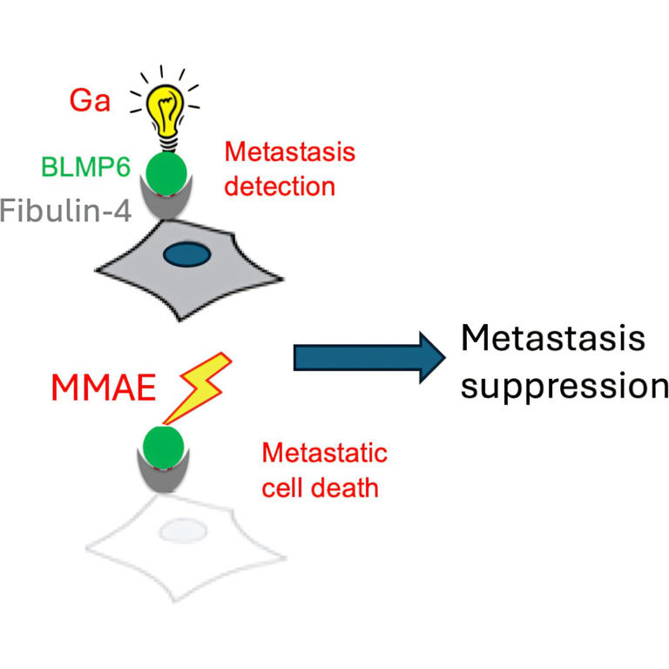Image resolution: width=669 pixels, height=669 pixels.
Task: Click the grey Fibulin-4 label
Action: point(64,210)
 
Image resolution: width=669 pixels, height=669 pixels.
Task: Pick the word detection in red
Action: point(279,186)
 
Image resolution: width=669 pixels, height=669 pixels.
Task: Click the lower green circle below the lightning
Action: point(163,446)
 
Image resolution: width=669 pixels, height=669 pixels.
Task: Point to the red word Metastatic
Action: point(324,454)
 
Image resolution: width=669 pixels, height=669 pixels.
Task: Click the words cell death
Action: point(321,486)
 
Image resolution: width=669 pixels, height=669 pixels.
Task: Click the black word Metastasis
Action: point(552,339)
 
